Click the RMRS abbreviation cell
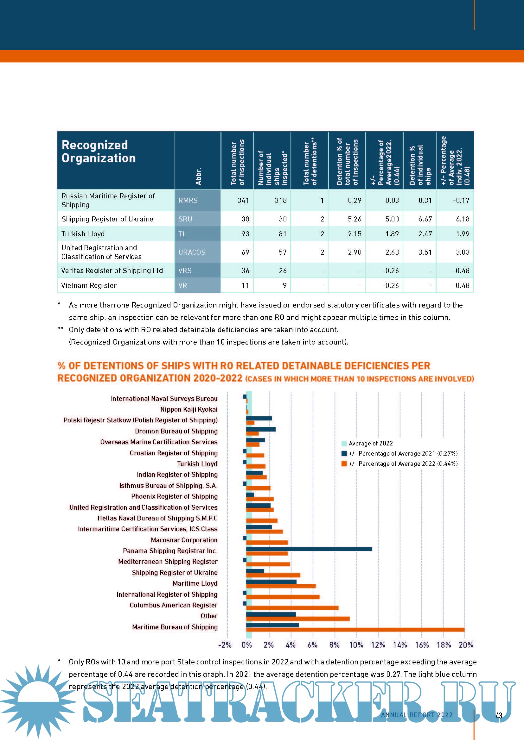pyautogui.click(x=188, y=201)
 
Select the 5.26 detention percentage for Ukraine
pyautogui.click(x=354, y=219)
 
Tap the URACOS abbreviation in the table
pyautogui.click(x=192, y=252)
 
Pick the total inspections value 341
pyautogui.click(x=243, y=201)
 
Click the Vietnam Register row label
pyautogui.click(x=89, y=286)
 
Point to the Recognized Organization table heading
pyautogui.click(x=99, y=152)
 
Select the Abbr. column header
pyautogui.click(x=198, y=176)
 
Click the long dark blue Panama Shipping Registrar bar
pyautogui.click(x=309, y=549)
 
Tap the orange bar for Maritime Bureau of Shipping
pyautogui.click(x=355, y=630)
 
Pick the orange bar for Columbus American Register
pyautogui.click(x=292, y=608)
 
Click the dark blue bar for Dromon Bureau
pyautogui.click(x=260, y=429)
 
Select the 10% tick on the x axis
pyautogui.click(x=356, y=645)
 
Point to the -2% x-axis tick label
pyautogui.click(x=225, y=645)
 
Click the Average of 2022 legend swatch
pyautogui.click(x=344, y=444)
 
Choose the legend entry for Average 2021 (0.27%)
pyautogui.click(x=403, y=453)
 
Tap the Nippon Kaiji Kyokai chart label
pyautogui.click(x=189, y=409)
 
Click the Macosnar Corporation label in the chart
pyautogui.click(x=184, y=540)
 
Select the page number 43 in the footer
pyautogui.click(x=499, y=716)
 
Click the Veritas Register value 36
pyautogui.click(x=245, y=271)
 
